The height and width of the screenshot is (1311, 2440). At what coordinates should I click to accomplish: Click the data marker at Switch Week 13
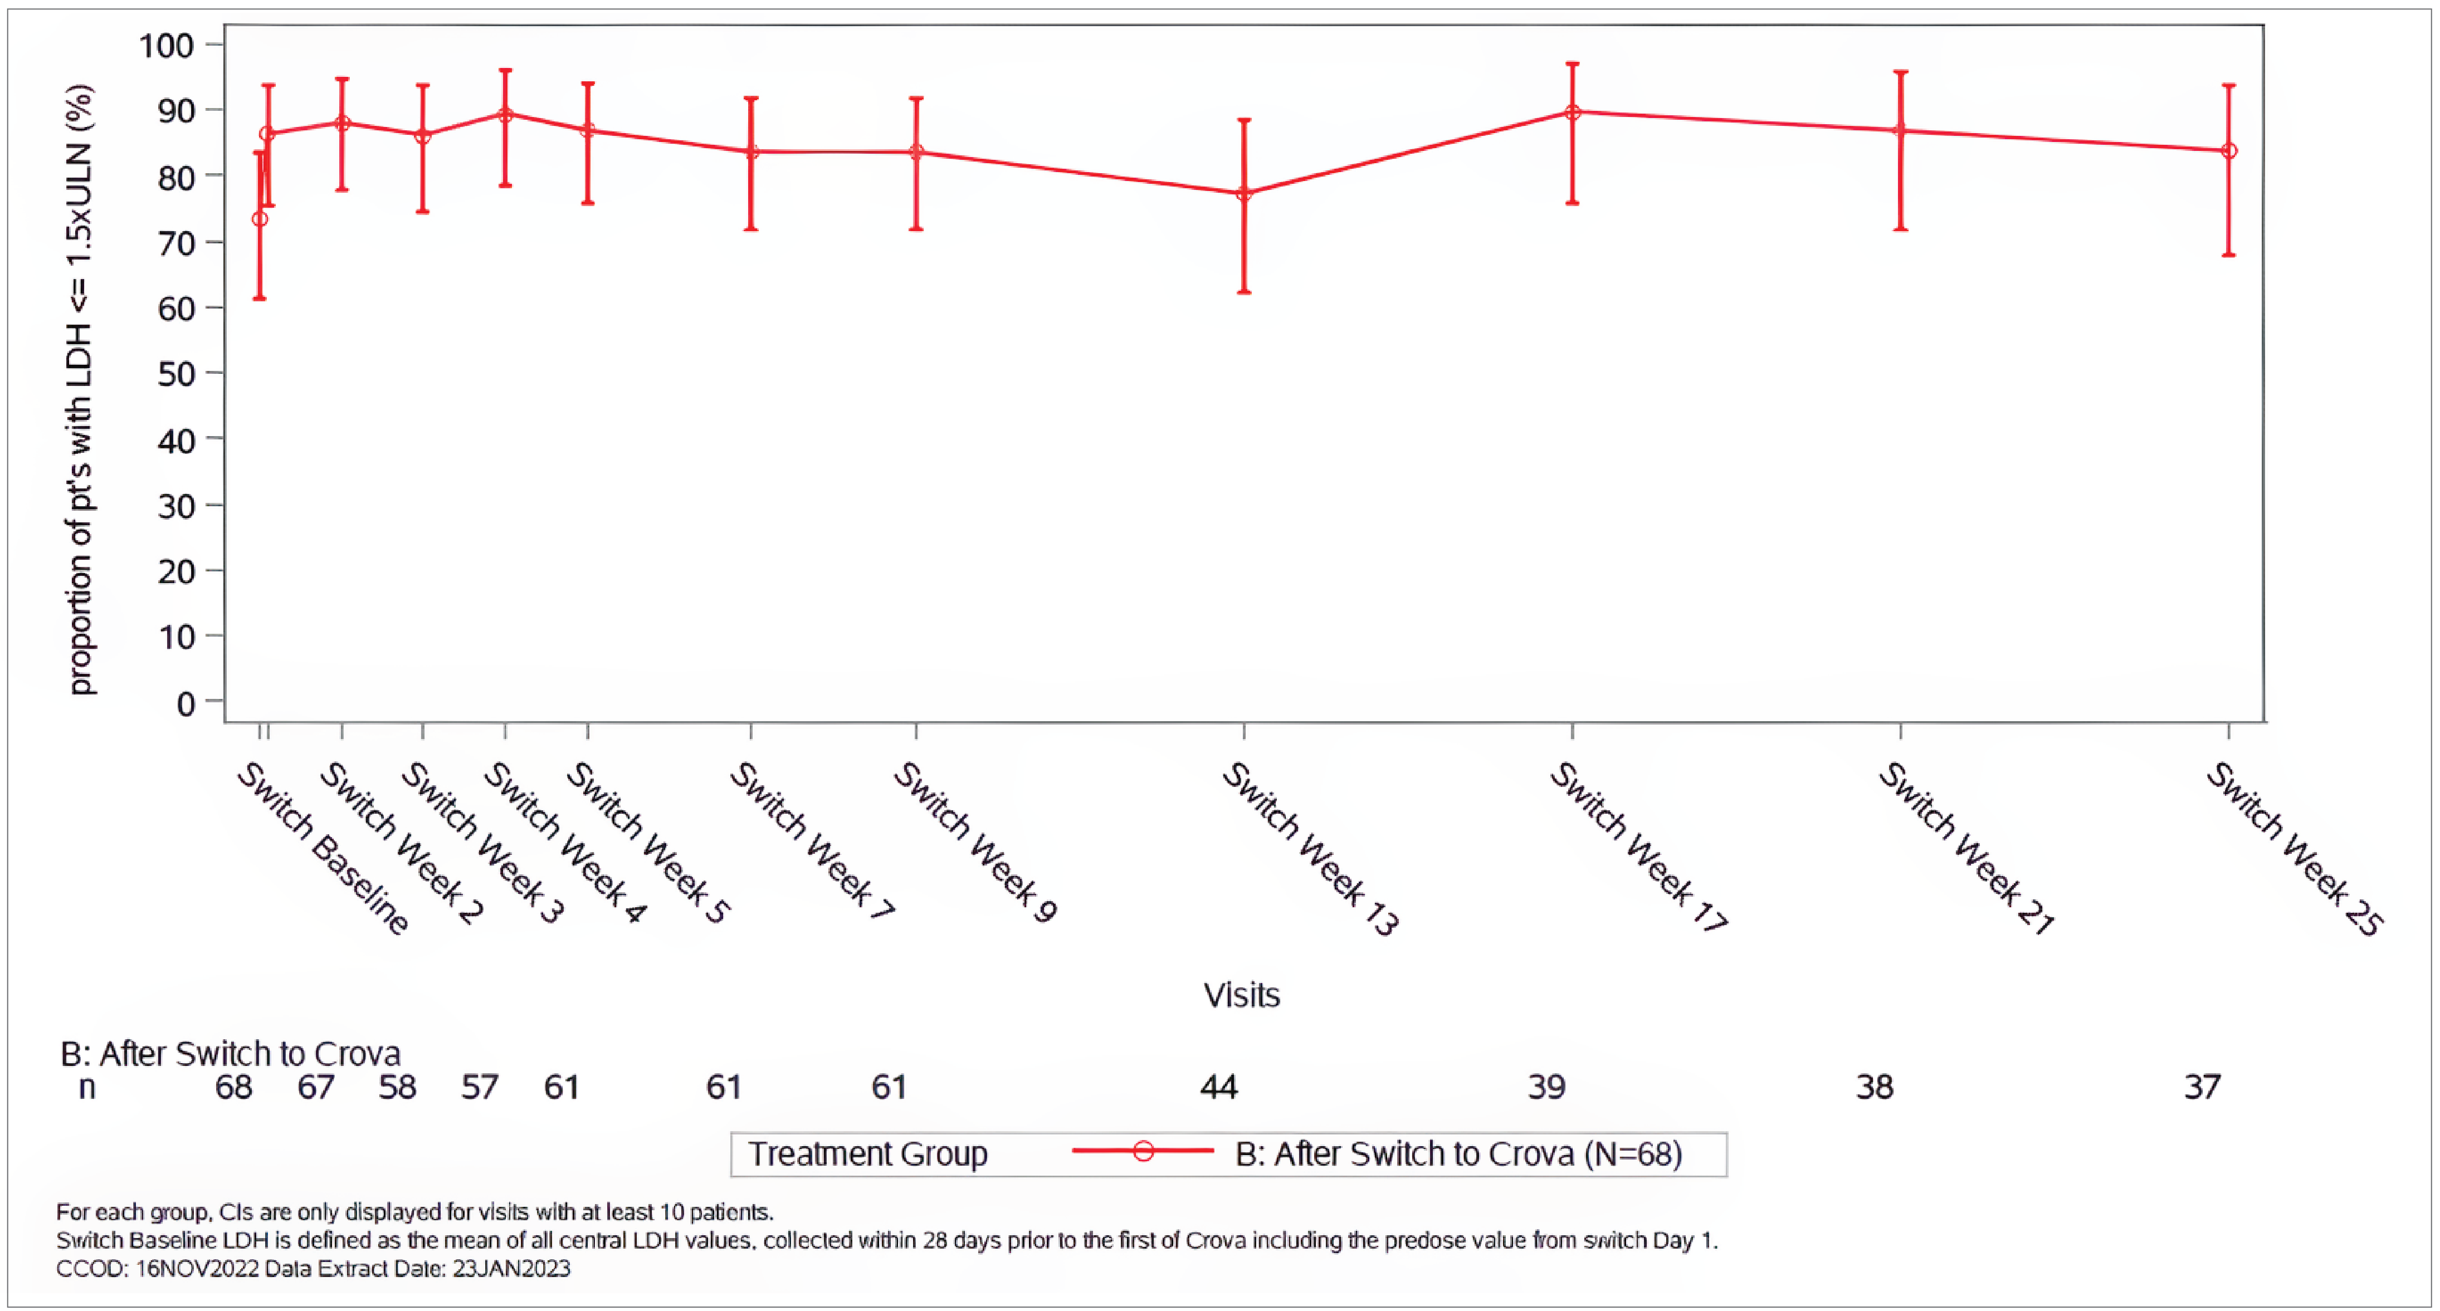pos(1244,193)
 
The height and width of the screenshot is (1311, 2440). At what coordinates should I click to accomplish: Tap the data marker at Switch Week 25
pos(2229,150)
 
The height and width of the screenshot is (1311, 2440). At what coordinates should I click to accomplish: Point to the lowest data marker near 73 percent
pos(260,219)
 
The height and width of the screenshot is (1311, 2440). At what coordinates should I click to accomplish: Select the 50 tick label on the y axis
pos(175,374)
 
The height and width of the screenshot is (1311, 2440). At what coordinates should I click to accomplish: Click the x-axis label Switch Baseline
pos(322,848)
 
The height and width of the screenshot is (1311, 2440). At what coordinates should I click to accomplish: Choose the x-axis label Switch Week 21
pos(1965,848)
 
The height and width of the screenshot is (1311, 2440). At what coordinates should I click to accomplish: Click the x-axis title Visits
pos(1241,995)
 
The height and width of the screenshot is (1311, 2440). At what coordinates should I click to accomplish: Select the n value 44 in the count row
pos(1218,1087)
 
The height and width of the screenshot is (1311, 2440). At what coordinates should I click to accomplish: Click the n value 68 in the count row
pos(233,1087)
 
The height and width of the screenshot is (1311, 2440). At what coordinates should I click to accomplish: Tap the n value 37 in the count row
pos(2202,1087)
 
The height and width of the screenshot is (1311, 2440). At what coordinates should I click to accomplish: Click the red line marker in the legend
pos(1143,1152)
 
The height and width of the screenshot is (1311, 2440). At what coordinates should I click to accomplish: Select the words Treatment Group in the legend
pos(867,1154)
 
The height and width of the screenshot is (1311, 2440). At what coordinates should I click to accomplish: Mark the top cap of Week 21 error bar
pos(1900,72)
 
